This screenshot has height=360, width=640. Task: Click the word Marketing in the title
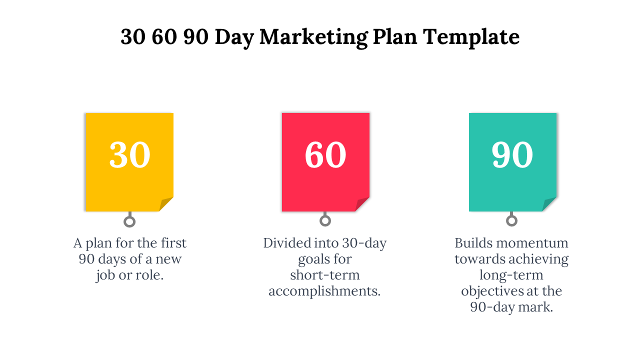coord(313,37)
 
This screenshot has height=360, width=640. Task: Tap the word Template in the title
coord(471,37)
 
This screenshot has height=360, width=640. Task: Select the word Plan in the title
coord(395,37)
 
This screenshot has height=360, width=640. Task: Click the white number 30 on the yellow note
coord(129,154)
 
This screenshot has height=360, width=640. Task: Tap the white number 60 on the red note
coord(325,154)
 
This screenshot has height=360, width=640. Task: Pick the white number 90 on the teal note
coord(512,154)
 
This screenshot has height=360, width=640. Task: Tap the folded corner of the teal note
coord(548,204)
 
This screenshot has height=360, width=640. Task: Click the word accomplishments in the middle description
coord(324,291)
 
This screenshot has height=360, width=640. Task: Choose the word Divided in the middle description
coord(287,243)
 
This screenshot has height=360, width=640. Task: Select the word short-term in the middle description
coord(325,275)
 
